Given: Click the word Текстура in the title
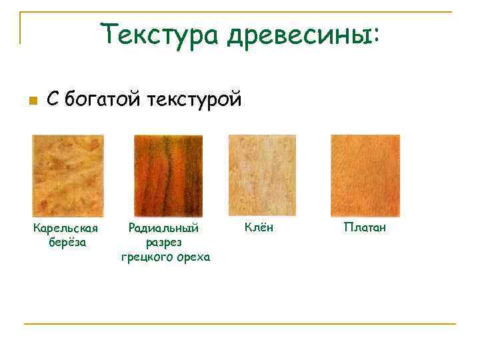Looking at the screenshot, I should [159, 33].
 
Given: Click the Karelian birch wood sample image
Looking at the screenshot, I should [68, 176].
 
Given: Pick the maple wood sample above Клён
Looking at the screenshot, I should [261, 176].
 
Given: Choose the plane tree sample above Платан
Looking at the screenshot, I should [365, 176].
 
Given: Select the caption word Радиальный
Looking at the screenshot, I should [164, 229].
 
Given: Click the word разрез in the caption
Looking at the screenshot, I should [165, 243].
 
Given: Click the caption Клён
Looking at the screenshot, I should [259, 228].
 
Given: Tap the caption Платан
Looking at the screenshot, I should [365, 228].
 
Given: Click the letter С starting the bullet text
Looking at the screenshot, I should [53, 100].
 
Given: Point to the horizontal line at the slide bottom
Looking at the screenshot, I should [240, 325].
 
